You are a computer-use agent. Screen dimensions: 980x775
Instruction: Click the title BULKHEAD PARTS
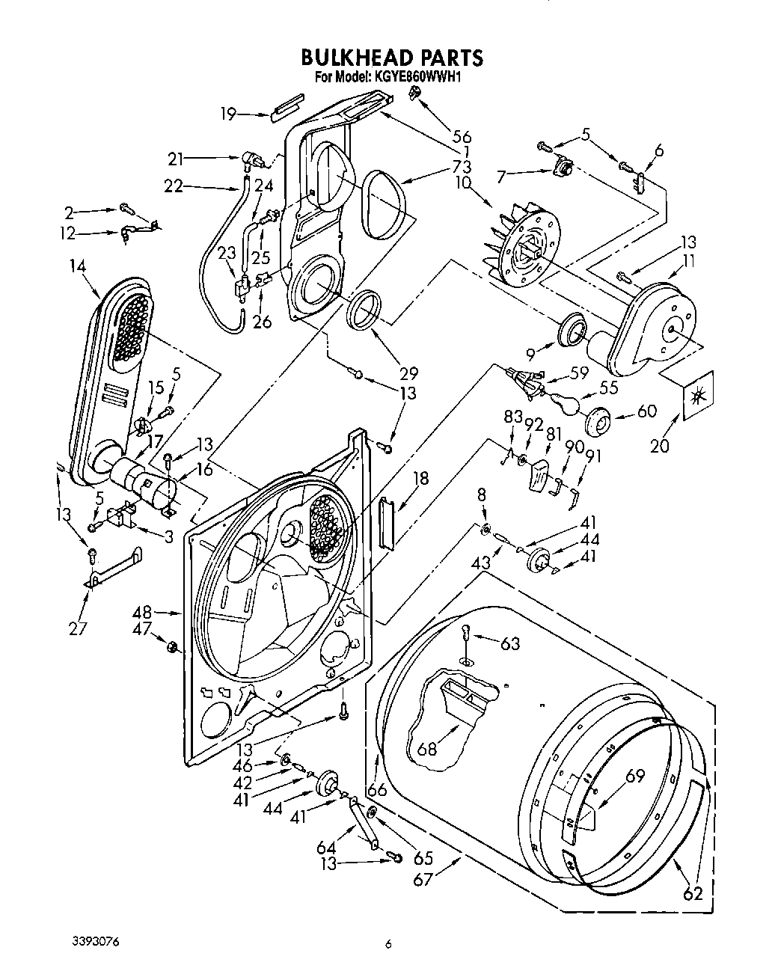[x=391, y=58]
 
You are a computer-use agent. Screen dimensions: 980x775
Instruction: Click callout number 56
[x=462, y=137]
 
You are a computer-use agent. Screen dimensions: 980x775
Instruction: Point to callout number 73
[x=462, y=166]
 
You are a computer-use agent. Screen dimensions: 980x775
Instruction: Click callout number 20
[x=659, y=447]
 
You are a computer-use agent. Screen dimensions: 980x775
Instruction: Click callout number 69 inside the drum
[x=634, y=777]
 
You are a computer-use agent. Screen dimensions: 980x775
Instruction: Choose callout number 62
[x=692, y=892]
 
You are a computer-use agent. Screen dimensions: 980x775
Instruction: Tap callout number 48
[x=144, y=612]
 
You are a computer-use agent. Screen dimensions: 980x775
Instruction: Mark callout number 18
[x=421, y=478]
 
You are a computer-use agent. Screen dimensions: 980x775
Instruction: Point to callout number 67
[x=423, y=878]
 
